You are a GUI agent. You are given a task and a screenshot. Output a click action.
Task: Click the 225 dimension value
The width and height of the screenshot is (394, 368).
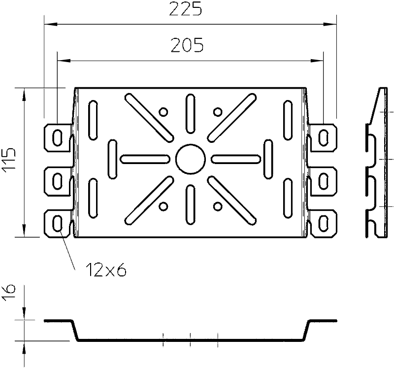point(186,9)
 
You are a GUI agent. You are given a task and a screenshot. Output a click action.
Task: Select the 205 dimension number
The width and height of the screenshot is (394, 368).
point(187,45)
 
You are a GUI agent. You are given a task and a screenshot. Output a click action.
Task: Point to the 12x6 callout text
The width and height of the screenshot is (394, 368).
point(106,270)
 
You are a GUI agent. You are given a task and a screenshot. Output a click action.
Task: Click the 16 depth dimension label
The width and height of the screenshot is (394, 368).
point(8,293)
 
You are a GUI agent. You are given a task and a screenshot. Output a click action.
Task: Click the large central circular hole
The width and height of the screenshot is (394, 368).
point(191,159)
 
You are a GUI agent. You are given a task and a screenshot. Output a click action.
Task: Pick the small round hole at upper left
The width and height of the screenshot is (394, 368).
point(164,112)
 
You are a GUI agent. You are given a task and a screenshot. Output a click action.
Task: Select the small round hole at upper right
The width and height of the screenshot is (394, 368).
point(218,112)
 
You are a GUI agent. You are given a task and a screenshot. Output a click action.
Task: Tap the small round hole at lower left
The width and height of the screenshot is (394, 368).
point(164,206)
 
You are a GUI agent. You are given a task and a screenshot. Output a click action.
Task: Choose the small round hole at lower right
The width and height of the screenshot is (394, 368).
point(218,206)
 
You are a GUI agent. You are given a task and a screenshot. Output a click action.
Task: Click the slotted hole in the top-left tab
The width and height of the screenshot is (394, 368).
point(58,138)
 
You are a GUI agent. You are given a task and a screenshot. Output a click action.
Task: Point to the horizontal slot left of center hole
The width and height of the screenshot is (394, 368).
point(145,159)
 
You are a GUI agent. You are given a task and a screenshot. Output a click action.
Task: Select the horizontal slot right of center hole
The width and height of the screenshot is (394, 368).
point(236,159)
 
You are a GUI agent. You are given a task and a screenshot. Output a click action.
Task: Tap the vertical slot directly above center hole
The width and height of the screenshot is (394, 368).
point(191,114)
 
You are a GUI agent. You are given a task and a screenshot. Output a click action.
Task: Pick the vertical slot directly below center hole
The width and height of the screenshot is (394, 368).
point(191,204)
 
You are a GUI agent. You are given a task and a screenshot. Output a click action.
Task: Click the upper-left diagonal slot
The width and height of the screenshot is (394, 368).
point(149,117)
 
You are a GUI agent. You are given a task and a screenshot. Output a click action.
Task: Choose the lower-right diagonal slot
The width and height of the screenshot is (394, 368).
point(232,201)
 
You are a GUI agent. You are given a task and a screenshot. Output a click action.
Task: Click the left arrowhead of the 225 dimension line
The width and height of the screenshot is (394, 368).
point(51,24)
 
